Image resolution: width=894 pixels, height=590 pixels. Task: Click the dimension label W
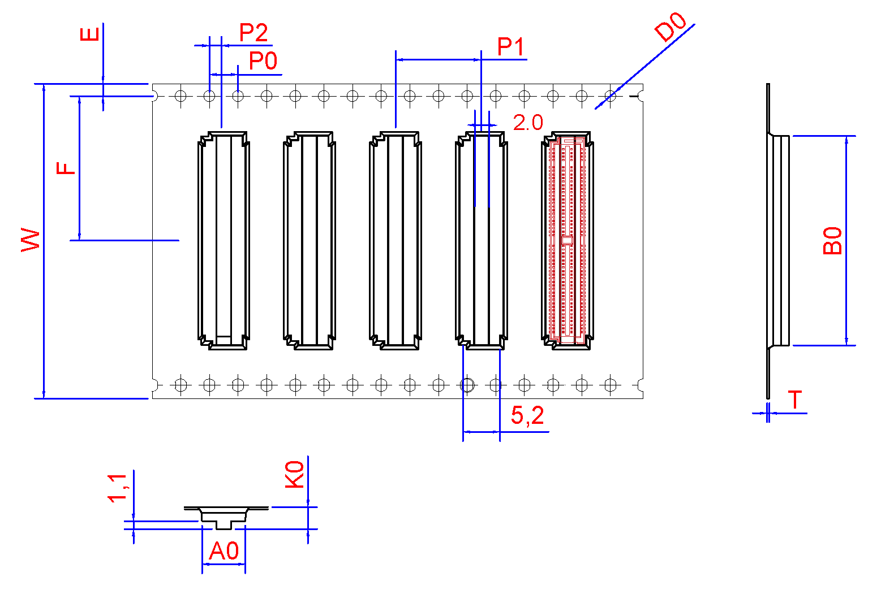pyautogui.click(x=31, y=240)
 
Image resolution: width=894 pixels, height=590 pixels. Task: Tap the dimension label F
pyautogui.click(x=66, y=168)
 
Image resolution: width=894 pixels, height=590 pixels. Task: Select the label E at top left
pyautogui.click(x=89, y=33)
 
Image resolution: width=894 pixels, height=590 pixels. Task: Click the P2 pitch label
pyautogui.click(x=253, y=33)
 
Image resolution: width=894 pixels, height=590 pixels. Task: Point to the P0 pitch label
pyautogui.click(x=263, y=61)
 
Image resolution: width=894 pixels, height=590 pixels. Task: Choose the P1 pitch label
pyautogui.click(x=510, y=47)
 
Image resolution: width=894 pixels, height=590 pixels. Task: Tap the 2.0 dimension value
pyautogui.click(x=528, y=123)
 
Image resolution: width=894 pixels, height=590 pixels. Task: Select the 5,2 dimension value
pyautogui.click(x=527, y=416)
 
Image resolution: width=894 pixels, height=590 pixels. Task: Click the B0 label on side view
pyautogui.click(x=832, y=241)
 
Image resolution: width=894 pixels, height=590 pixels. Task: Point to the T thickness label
pyautogui.click(x=796, y=400)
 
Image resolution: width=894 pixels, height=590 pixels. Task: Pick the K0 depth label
pyautogui.click(x=295, y=474)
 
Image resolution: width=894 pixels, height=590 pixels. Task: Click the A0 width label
pyautogui.click(x=224, y=552)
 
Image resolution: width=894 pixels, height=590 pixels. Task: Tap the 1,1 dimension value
pyautogui.click(x=118, y=488)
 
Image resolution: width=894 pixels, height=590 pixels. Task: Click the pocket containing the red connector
pyautogui.click(x=567, y=240)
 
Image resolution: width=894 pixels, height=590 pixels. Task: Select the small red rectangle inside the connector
pyautogui.click(x=567, y=240)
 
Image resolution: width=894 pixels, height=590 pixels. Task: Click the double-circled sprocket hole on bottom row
pyautogui.click(x=467, y=385)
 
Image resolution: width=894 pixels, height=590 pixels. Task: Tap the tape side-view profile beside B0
pyautogui.click(x=777, y=240)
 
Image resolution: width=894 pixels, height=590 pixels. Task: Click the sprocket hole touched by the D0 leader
pyautogui.click(x=611, y=96)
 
